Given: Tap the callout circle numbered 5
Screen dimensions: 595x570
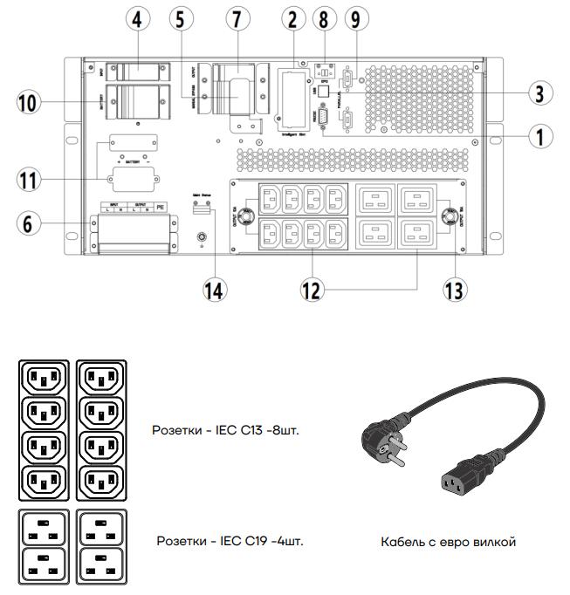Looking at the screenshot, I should (x=181, y=17).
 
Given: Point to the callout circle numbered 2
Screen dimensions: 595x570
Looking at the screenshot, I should (x=292, y=17).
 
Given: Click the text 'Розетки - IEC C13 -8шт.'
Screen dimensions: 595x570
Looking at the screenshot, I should (x=226, y=429).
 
